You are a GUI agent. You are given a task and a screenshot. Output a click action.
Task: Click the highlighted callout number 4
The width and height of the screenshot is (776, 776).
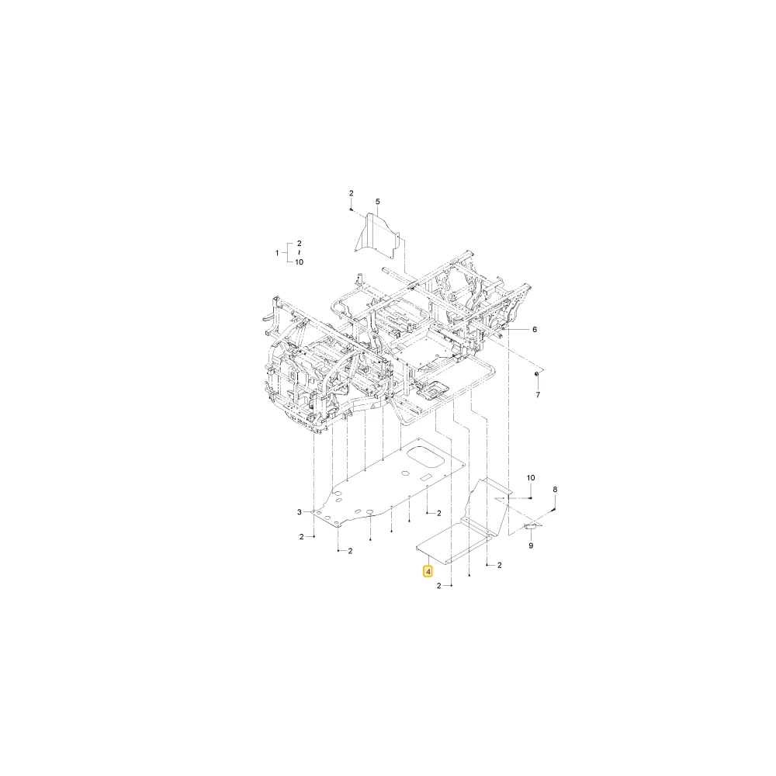(428, 572)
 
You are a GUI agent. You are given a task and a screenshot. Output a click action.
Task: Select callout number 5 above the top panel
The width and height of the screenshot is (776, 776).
(378, 202)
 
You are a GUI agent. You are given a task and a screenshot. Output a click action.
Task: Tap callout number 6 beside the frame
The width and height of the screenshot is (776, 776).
(535, 330)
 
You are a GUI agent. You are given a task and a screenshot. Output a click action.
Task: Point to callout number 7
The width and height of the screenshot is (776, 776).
(538, 395)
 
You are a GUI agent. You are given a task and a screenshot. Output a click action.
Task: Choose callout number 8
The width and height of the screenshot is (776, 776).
(555, 490)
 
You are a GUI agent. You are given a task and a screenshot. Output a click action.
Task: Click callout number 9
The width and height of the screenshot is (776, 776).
(531, 546)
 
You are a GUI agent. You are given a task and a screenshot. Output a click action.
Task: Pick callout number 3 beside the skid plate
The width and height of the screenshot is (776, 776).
(300, 511)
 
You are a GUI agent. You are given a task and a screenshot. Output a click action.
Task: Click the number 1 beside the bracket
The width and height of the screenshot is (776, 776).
(277, 253)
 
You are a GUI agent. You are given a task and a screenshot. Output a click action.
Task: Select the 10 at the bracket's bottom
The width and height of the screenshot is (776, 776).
(299, 262)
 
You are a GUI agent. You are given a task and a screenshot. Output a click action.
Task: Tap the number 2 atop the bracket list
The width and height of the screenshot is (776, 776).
(299, 244)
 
